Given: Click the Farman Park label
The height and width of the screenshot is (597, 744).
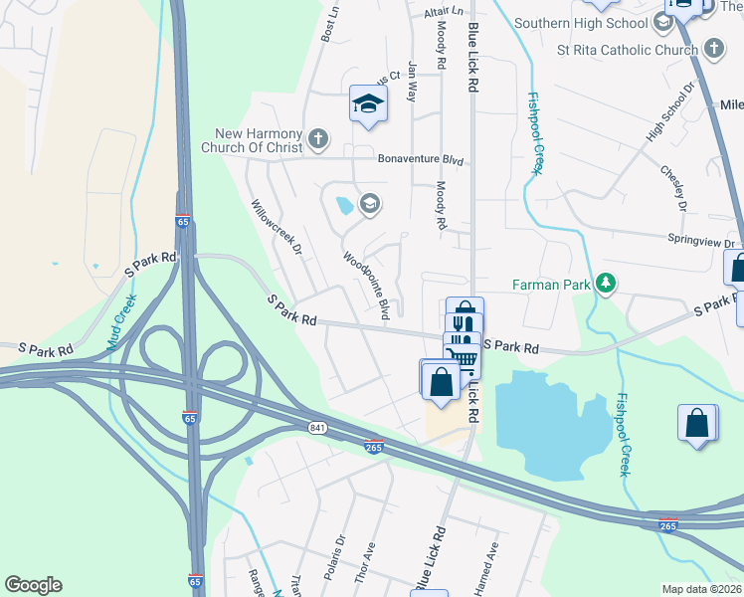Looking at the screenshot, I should (x=551, y=285).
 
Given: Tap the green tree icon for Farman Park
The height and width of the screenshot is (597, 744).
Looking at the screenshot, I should (x=605, y=285).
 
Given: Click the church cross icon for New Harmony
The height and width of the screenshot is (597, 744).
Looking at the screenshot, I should (x=318, y=138).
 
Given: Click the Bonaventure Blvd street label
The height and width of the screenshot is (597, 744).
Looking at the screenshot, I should (x=422, y=159).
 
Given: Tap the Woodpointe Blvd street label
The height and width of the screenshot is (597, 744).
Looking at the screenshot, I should (x=366, y=285).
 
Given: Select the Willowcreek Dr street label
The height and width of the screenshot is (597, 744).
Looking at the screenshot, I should (x=277, y=228).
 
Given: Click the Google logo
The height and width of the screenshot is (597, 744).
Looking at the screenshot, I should (x=34, y=585).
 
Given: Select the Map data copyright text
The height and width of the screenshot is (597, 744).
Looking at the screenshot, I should (x=702, y=588).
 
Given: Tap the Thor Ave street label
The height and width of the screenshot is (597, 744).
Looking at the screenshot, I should (x=369, y=555).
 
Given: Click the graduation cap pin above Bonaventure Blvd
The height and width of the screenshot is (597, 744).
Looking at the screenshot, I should (x=367, y=102).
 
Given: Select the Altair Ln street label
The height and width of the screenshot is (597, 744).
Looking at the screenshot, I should (x=444, y=12).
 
